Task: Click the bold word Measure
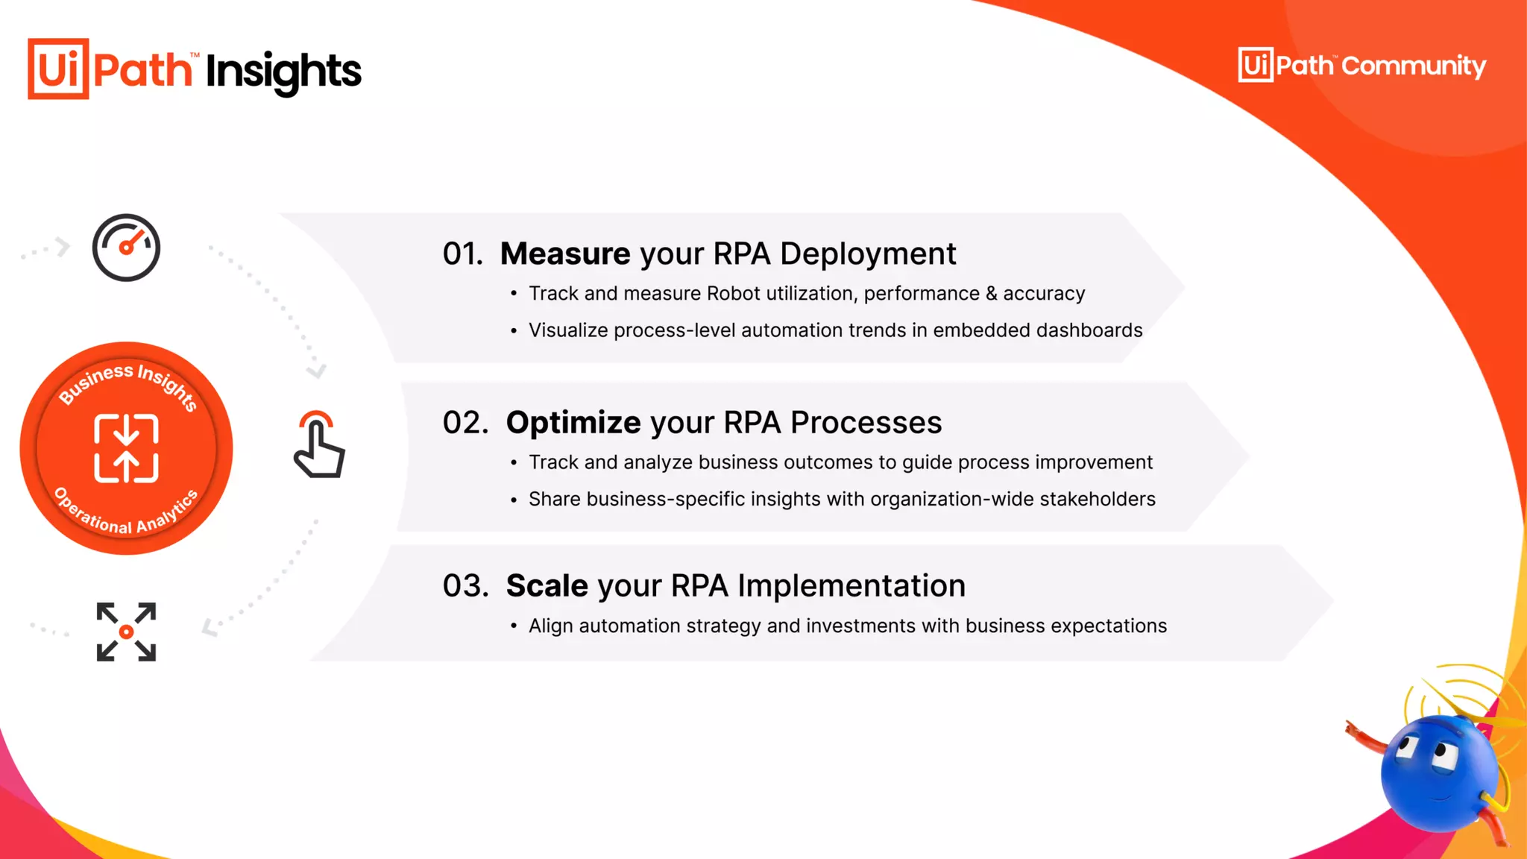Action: coord(564,254)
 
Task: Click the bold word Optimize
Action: coord(573,423)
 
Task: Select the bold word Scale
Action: coord(547,586)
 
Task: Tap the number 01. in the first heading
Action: coord(462,254)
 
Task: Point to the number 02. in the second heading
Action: coord(465,423)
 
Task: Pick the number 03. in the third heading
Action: coord(465,586)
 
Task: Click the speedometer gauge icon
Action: coord(126,248)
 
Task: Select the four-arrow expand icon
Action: coord(126,632)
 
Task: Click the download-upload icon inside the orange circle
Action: coord(126,448)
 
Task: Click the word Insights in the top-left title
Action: coord(283,72)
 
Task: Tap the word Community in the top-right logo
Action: coord(1414,66)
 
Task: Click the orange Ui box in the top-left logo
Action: coord(58,69)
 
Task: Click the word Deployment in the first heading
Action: coord(868,254)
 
